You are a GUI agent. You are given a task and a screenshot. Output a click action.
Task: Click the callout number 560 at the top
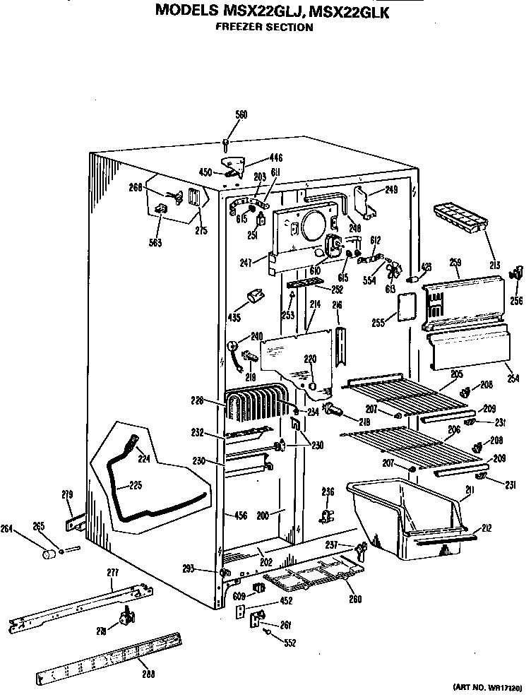click(241, 114)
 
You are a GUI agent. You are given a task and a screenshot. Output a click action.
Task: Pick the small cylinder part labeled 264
click(50, 554)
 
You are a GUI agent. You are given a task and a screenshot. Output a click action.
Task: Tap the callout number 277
click(112, 571)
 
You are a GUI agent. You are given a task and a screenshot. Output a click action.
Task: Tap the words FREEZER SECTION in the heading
click(264, 28)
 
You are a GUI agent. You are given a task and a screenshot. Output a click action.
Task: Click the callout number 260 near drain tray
click(354, 600)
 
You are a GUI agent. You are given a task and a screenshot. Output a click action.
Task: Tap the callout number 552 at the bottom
click(290, 643)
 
